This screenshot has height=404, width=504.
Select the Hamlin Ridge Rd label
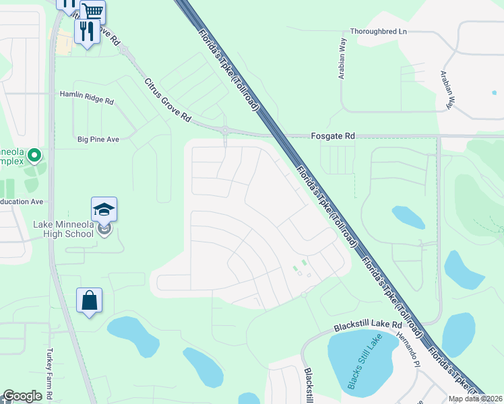pyautogui.click(x=87, y=98)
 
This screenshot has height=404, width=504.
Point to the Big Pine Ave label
pyautogui.click(x=98, y=139)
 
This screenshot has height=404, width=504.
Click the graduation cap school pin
pyautogui.click(x=104, y=210)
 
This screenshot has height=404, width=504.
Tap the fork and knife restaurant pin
pyautogui.click(x=87, y=32)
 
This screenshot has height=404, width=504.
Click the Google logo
pyautogui.click(x=22, y=396)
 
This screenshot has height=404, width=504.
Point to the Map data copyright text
pyautogui.click(x=476, y=399)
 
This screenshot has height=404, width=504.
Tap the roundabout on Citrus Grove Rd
pyautogui.click(x=224, y=129)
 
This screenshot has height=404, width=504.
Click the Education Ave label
pyautogui.click(x=22, y=201)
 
